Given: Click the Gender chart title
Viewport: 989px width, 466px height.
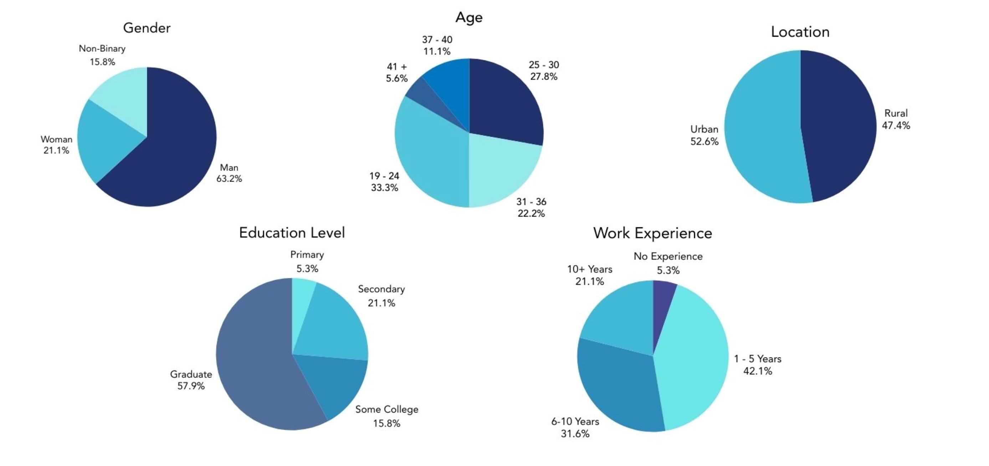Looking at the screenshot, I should [x=147, y=28].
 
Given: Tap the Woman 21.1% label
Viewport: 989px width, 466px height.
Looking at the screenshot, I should [x=56, y=145].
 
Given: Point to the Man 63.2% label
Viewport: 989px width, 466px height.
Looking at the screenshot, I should [x=229, y=173].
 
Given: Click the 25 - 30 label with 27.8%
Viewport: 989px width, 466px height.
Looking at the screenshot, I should [x=544, y=71].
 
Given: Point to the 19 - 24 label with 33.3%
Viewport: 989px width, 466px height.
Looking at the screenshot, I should [x=384, y=182].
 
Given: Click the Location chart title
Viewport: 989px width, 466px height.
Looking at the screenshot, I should [x=800, y=32].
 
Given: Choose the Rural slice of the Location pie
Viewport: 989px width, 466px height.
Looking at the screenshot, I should [x=841, y=127].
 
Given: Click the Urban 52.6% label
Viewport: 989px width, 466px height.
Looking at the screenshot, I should [x=704, y=135].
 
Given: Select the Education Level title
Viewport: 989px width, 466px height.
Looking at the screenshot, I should [x=292, y=233].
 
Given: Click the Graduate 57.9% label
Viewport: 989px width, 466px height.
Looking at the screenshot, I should [x=191, y=380].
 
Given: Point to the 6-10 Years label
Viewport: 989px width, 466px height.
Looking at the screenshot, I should [x=575, y=427].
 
